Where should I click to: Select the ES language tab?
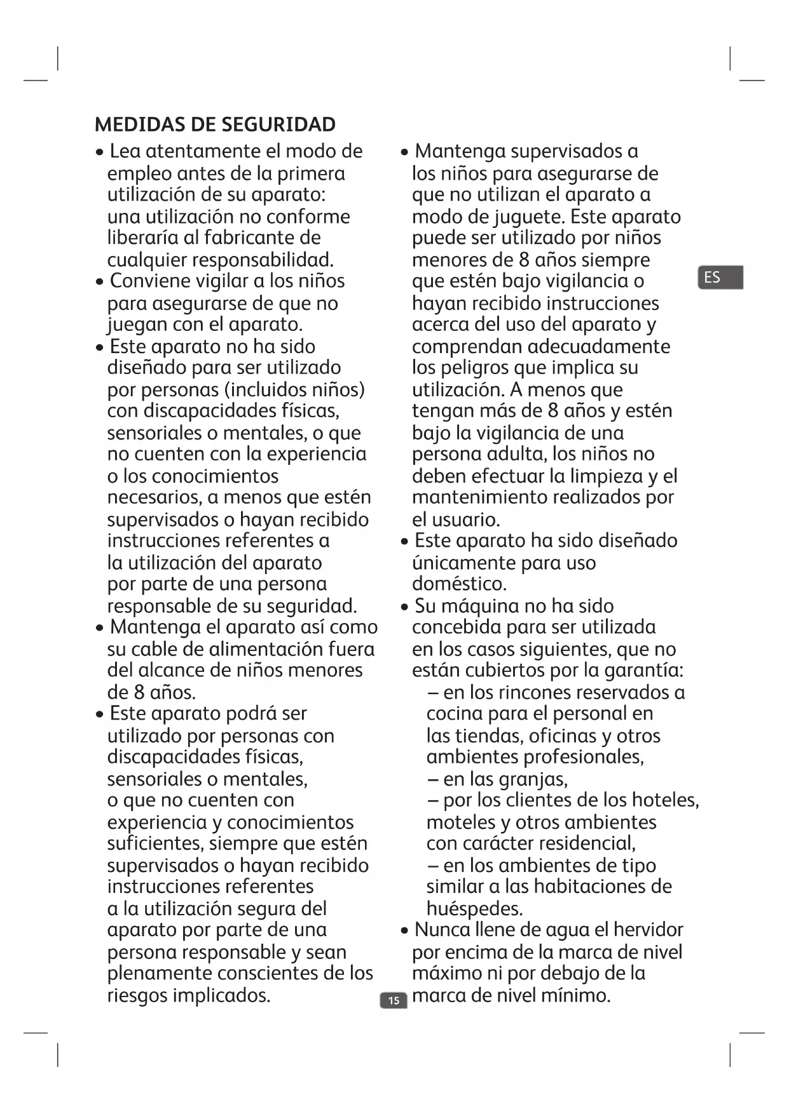(x=720, y=278)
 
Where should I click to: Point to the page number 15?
(x=394, y=1001)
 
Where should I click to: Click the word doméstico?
(x=459, y=584)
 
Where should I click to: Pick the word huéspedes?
(x=474, y=909)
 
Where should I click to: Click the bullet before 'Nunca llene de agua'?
(x=405, y=931)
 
